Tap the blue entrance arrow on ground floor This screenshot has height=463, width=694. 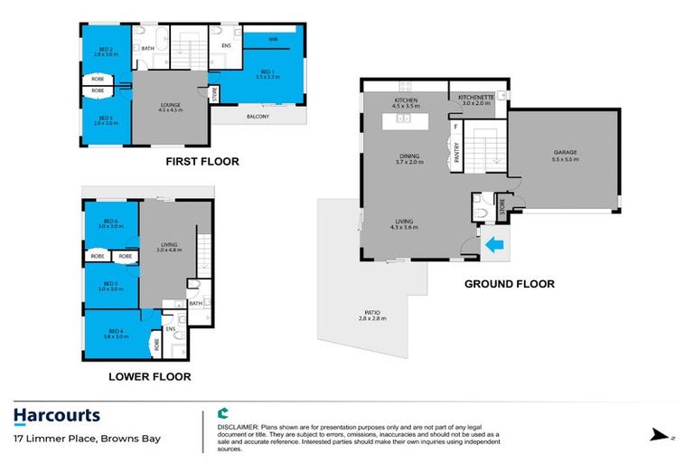(493, 242)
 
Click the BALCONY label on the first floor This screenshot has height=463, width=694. (258, 116)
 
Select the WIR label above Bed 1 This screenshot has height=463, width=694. (272, 39)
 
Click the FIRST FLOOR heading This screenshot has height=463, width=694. (202, 162)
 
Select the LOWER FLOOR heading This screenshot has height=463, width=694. (150, 376)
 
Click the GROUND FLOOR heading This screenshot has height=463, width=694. (509, 283)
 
